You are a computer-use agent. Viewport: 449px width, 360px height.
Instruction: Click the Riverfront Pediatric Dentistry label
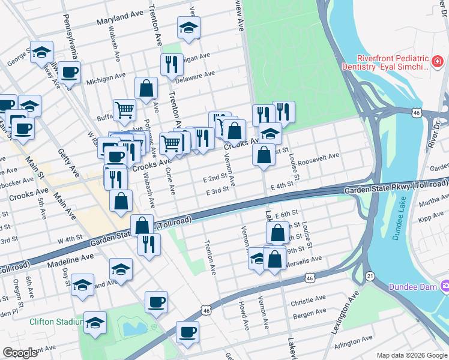click(392, 63)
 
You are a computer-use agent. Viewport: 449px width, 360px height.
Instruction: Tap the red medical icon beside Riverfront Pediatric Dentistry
click(438, 62)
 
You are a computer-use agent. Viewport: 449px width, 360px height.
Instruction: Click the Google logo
click(20, 353)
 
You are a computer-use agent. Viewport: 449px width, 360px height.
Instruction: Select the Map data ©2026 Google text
click(411, 355)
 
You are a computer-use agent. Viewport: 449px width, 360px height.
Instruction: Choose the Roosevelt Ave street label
click(321, 157)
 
